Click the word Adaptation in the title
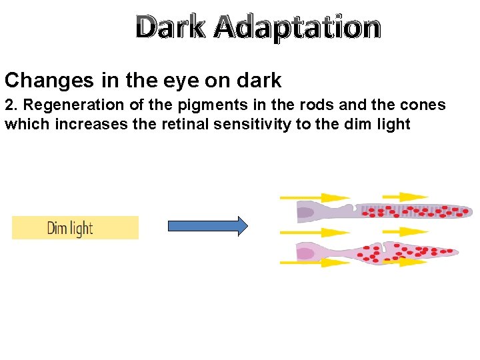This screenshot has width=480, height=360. (x=298, y=28)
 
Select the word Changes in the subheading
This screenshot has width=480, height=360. (x=49, y=81)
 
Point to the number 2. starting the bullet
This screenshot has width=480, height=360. (x=11, y=105)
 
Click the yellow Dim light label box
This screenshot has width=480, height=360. (x=75, y=228)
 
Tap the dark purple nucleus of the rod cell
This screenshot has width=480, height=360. (x=305, y=213)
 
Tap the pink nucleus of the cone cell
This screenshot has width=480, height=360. (x=305, y=253)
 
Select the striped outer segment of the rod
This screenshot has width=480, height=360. (x=413, y=211)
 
